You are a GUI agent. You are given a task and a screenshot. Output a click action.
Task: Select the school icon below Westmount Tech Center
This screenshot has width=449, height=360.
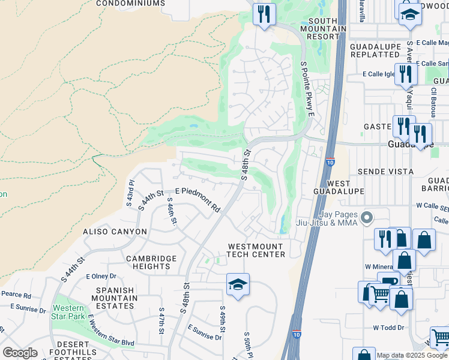coord(238,285)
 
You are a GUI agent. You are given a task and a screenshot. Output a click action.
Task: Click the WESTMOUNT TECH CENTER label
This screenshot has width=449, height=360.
coord(256,250)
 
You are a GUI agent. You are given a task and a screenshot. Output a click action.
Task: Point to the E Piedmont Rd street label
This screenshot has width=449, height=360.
coord(197,200)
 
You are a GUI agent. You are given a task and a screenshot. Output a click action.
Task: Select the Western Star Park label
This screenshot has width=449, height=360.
coord(67,312)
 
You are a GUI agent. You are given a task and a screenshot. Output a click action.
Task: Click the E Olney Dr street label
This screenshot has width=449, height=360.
coord(100,277)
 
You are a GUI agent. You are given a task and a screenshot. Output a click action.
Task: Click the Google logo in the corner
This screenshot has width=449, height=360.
coord(20,353)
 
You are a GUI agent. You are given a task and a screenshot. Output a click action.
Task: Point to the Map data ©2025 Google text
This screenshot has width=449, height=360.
coord(412,355)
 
